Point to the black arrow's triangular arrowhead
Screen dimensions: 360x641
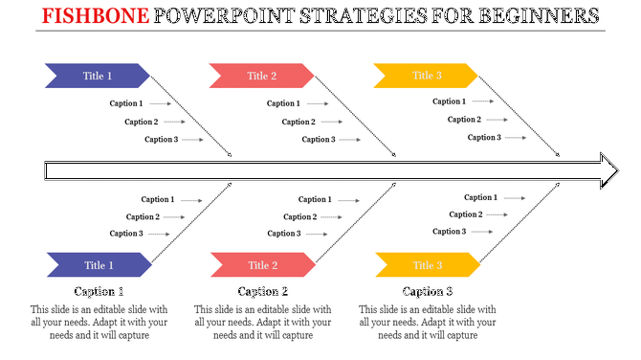point(609,170)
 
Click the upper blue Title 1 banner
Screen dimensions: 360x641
point(97,76)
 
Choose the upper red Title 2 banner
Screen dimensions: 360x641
point(261,76)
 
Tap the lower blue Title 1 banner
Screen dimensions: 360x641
point(97,265)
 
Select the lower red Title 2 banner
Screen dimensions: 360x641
point(261,265)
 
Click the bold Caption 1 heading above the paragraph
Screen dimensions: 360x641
point(99,292)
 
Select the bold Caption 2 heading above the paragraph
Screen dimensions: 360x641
point(263,292)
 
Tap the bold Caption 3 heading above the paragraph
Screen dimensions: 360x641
point(428,292)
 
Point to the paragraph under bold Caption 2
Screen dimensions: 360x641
point(263,323)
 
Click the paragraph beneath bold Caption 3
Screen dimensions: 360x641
point(428,323)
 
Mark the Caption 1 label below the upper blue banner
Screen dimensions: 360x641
point(125,103)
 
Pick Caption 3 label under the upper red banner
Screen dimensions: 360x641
point(319,140)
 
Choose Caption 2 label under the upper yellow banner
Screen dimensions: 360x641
point(463,120)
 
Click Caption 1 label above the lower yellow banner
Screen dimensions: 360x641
point(480,197)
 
